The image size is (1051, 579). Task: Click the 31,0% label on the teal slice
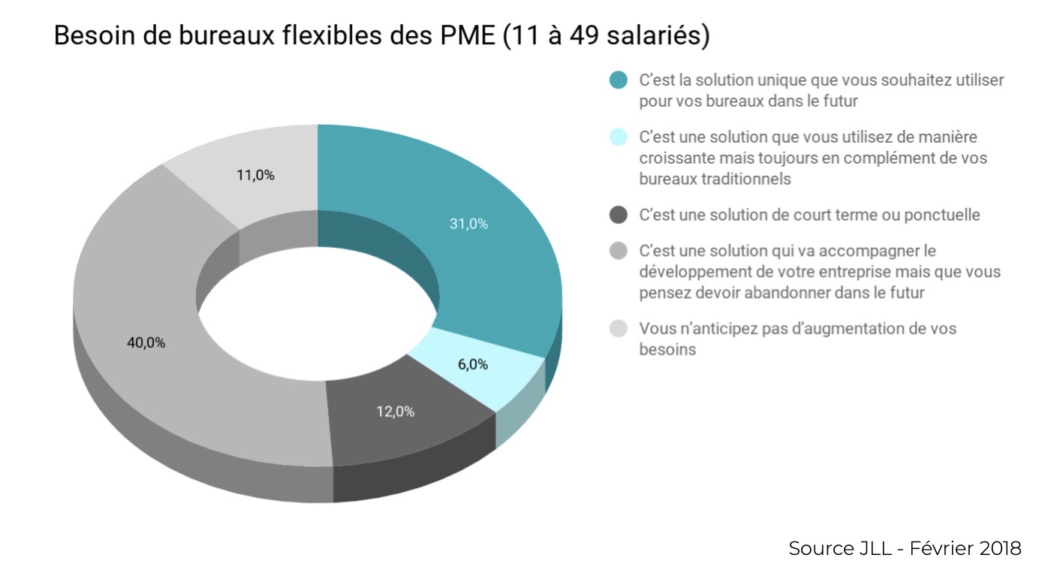click(468, 224)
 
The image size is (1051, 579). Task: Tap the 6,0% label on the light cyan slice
click(473, 364)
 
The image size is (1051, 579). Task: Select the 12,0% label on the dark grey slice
click(396, 412)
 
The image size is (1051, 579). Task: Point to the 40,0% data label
click(146, 342)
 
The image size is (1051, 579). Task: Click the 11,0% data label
click(255, 176)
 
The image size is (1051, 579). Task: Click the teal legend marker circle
click(618, 80)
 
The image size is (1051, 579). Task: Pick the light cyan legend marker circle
click(618, 137)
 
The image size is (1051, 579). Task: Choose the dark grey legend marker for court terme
click(618, 215)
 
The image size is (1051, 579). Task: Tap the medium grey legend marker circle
click(618, 251)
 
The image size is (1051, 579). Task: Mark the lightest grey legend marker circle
click(618, 329)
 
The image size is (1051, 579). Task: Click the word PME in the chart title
click(463, 36)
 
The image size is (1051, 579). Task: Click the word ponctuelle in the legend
click(944, 215)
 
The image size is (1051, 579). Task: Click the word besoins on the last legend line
click(667, 350)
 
